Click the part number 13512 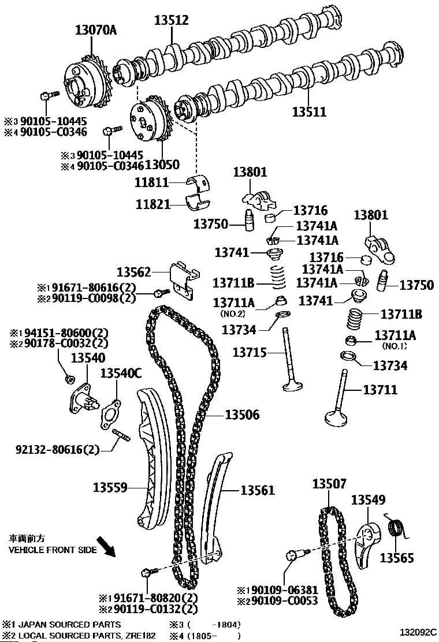[x=172, y=20]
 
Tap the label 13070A [x=96, y=30]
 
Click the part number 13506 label [x=242, y=415]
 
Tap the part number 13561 [x=257, y=490]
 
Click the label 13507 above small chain [x=329, y=484]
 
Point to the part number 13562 [x=133, y=271]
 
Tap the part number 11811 [x=152, y=182]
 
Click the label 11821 [x=152, y=204]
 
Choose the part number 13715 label [x=250, y=352]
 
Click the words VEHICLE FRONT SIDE [x=53, y=550]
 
